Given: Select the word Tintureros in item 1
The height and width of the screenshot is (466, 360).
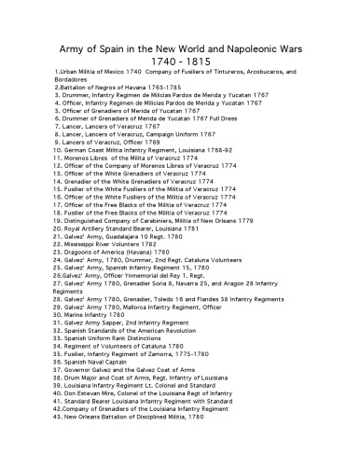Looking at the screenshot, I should (223, 71).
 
